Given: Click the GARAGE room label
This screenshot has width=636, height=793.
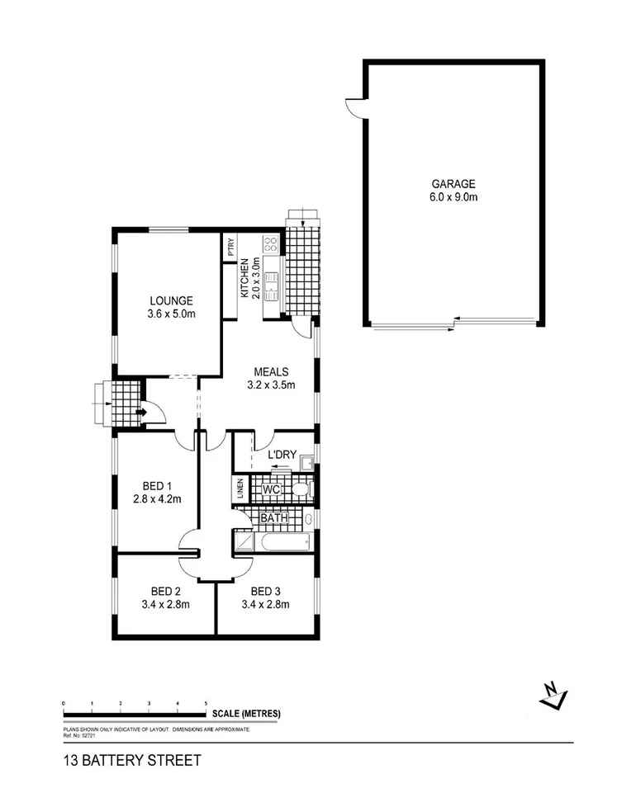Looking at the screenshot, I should pyautogui.click(x=453, y=184).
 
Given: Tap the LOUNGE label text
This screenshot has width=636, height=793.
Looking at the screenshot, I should pyautogui.click(x=171, y=300).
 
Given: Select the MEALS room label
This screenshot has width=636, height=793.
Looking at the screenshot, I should pyautogui.click(x=271, y=371).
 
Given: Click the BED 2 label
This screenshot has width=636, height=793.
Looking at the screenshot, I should pyautogui.click(x=166, y=591).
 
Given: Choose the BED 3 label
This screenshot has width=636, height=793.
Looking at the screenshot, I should pyautogui.click(x=265, y=591).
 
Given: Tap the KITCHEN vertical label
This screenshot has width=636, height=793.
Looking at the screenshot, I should pyautogui.click(x=244, y=277).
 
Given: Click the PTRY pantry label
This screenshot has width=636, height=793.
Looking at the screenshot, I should pyautogui.click(x=231, y=247).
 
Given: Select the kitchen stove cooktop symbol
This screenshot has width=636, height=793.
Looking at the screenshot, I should pyautogui.click(x=269, y=243).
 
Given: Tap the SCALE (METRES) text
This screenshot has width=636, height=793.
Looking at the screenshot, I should pyautogui.click(x=246, y=714).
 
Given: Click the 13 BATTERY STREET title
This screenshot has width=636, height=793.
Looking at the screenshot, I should pyautogui.click(x=131, y=761).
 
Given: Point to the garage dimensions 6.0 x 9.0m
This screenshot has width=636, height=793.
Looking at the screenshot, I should pyautogui.click(x=453, y=197).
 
